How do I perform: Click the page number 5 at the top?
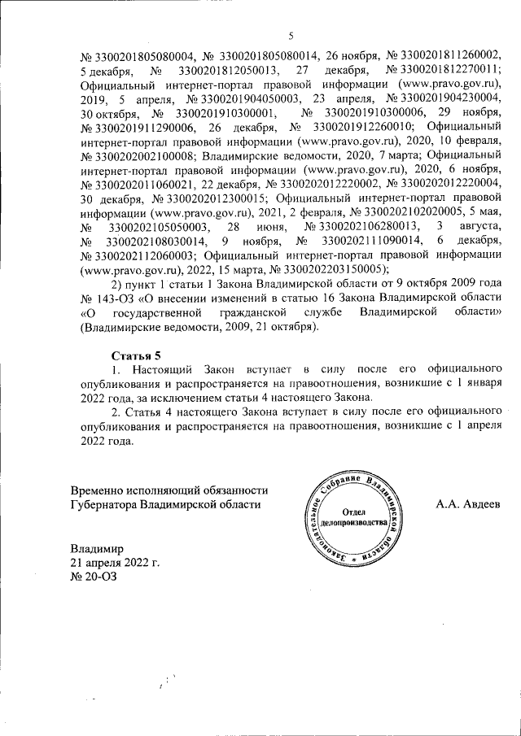pos(291,36)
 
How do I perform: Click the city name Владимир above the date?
pos(96,548)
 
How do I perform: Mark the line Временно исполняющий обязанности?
pos(169,490)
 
